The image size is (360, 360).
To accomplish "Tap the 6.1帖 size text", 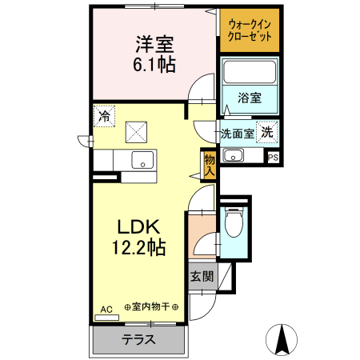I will tap(151, 63).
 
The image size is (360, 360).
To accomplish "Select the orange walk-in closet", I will tap(249, 30).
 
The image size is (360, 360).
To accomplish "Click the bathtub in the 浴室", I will tap(249, 72).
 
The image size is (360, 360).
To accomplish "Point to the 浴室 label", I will tap(249, 98).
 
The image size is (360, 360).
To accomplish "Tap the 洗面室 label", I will tap(238, 134).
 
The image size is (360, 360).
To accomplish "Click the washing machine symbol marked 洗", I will tap(268, 131).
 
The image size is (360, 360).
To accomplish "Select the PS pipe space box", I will tap(274, 157).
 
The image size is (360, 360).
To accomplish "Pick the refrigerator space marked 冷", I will tap(103, 116).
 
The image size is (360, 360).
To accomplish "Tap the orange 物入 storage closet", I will tap(210, 164).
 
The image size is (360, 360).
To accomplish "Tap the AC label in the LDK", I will tap(106, 308).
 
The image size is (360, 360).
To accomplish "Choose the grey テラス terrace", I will tap(138, 338).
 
